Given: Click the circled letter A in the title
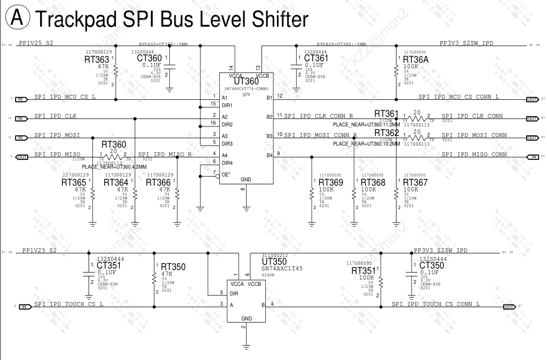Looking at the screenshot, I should point(17,19).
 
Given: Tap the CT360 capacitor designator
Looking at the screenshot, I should point(149,58).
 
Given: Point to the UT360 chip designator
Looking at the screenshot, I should point(246,81).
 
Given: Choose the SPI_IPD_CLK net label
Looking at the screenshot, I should point(56,116).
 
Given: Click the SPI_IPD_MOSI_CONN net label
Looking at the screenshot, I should point(474,135).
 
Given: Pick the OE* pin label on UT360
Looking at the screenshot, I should point(226,173).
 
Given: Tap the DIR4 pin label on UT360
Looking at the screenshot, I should point(227,163).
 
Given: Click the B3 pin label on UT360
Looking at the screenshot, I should point(269,136).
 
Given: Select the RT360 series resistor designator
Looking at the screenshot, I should point(114,145).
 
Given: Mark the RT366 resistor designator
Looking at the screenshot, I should point(158,182).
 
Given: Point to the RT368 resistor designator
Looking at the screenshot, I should point(373,182).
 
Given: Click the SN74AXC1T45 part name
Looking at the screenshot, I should point(282,269).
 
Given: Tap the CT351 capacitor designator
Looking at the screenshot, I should point(109,266).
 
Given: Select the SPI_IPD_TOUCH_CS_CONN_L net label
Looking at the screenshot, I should point(435,304).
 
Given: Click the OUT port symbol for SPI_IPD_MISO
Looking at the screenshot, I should point(22,157).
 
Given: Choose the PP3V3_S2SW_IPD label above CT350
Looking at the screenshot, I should point(440,250).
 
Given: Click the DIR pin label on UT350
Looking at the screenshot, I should point(234,294).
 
